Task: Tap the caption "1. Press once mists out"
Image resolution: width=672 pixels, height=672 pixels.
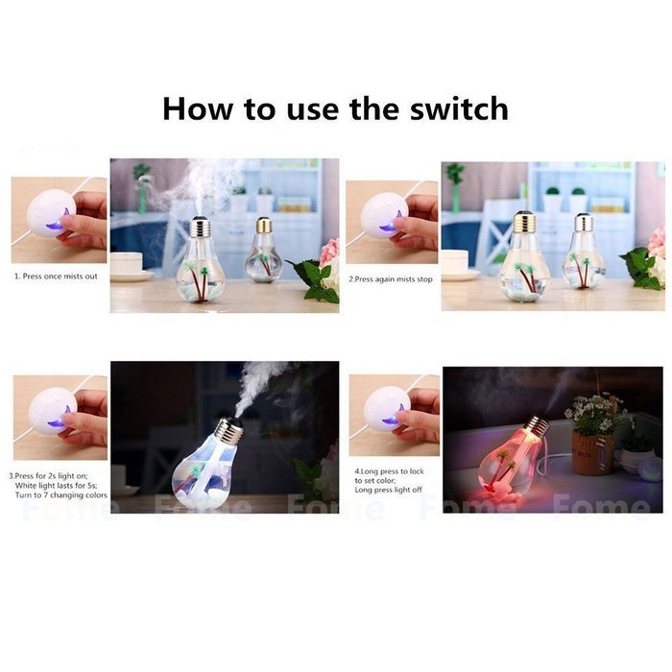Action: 58,276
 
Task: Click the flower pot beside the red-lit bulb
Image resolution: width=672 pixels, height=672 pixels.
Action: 592,450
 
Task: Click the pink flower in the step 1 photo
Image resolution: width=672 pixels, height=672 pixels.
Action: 329,252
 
